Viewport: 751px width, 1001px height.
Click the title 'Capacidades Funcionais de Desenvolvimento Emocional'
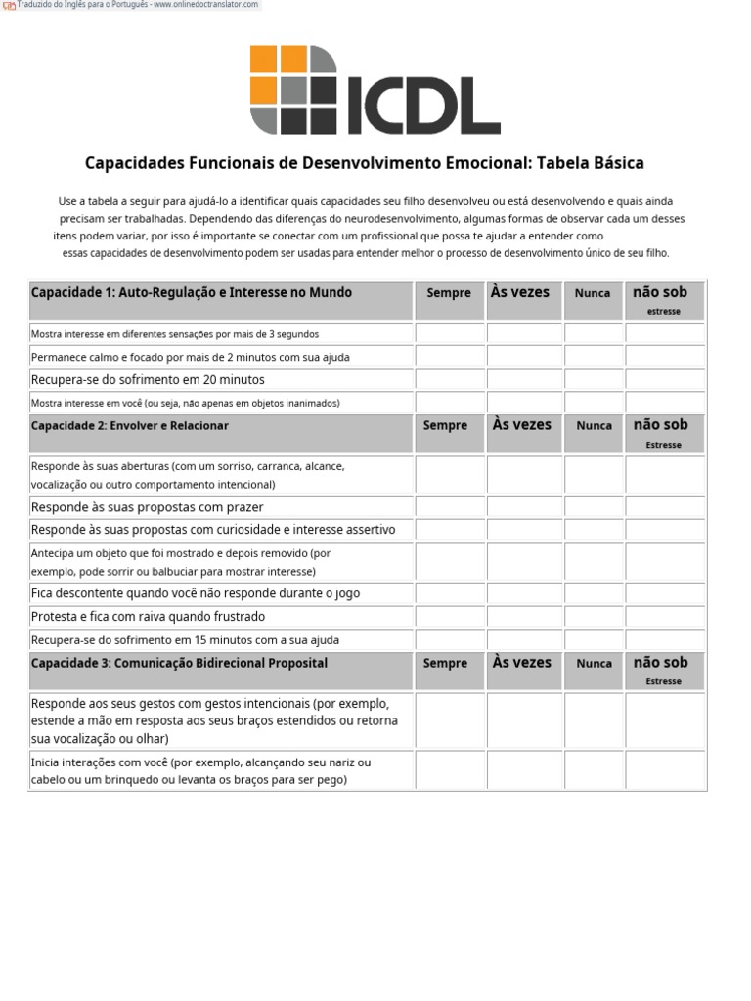click(364, 163)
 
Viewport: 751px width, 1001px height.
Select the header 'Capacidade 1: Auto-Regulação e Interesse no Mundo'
click(192, 292)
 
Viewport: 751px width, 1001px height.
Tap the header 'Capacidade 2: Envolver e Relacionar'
click(130, 426)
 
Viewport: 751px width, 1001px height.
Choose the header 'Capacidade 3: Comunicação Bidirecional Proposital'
click(179, 663)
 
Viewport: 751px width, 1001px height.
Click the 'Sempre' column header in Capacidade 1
click(449, 293)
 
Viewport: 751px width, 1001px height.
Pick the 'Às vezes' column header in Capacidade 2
click(521, 425)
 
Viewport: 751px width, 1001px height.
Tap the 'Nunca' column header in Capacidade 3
click(594, 663)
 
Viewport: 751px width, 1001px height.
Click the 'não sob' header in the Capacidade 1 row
click(661, 292)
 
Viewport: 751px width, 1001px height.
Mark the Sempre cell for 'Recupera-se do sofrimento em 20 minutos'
click(450, 380)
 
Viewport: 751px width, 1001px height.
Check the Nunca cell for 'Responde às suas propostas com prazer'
click(594, 507)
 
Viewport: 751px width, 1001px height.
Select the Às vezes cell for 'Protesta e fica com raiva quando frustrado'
click(525, 617)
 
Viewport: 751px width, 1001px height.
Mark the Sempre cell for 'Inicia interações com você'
click(450, 770)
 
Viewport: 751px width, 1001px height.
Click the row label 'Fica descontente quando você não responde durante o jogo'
click(196, 593)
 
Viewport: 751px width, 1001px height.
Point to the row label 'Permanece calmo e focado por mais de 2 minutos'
click(190, 357)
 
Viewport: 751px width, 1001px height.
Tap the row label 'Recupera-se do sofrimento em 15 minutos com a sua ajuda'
click(185, 640)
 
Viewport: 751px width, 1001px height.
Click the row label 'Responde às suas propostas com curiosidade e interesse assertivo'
click(213, 530)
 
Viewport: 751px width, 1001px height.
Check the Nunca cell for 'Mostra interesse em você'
click(594, 403)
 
